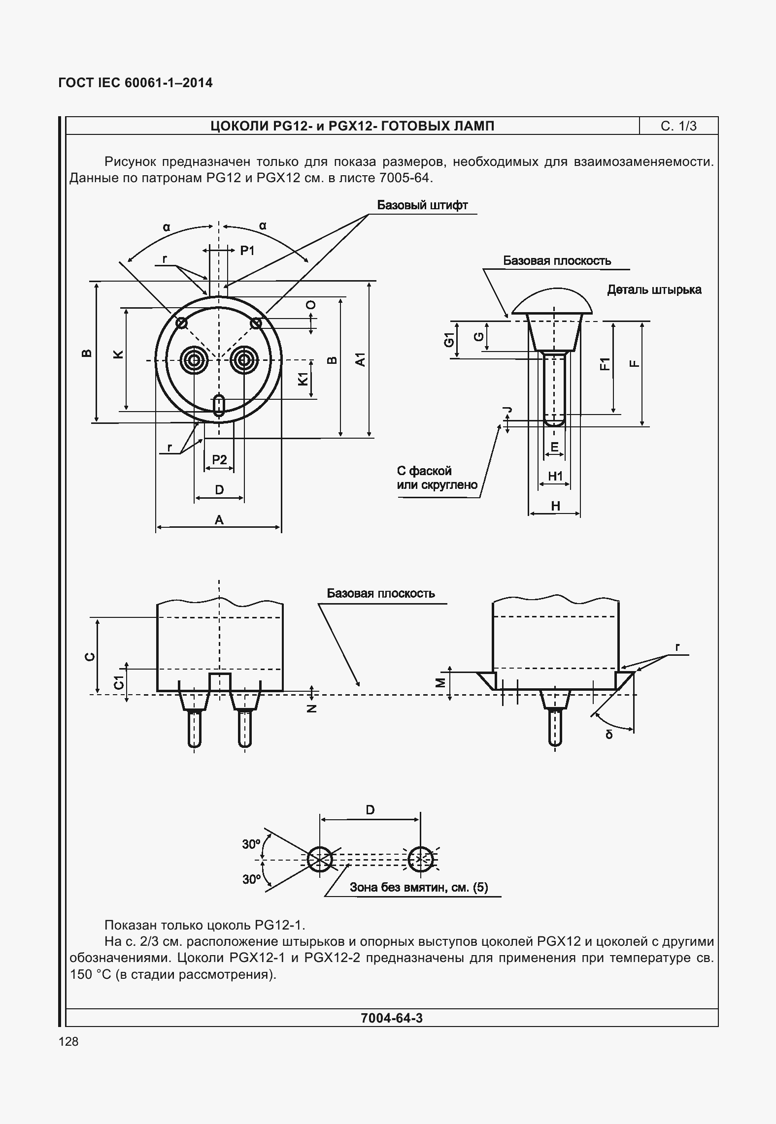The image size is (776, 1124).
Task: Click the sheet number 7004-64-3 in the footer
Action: pyautogui.click(x=392, y=1018)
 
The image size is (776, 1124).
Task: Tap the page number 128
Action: pyautogui.click(x=68, y=1041)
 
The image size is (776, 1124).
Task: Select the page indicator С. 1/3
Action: pyautogui.click(x=678, y=126)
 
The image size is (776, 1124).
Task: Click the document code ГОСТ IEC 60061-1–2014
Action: pyautogui.click(x=135, y=83)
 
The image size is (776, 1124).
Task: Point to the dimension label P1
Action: pyautogui.click(x=247, y=251)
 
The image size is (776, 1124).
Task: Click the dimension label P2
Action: pyautogui.click(x=219, y=460)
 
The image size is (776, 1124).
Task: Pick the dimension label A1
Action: pyautogui.click(x=361, y=359)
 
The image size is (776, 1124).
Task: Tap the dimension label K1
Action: pyautogui.click(x=303, y=379)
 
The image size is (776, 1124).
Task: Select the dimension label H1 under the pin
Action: pyautogui.click(x=555, y=476)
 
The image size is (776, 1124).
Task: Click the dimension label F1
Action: pyautogui.click(x=604, y=364)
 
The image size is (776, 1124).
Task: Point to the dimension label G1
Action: pyautogui.click(x=449, y=339)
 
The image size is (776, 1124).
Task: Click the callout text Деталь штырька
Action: pyautogui.click(x=654, y=289)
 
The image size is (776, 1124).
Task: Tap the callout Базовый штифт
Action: pyautogui.click(x=422, y=205)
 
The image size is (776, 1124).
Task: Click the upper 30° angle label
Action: pyautogui.click(x=251, y=844)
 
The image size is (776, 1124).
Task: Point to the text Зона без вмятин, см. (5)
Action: pyautogui.click(x=419, y=887)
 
